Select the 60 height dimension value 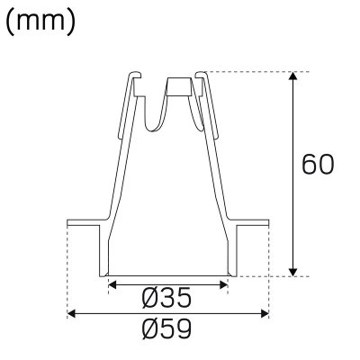[x=319, y=166]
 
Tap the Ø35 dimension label [x=167, y=296]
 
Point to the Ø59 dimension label [x=168, y=329]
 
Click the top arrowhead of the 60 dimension [x=293, y=76]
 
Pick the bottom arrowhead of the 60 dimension [x=293, y=271]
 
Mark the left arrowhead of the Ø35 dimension [x=111, y=283]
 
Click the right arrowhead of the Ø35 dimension [x=224, y=283]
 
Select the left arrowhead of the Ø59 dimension [x=72, y=313]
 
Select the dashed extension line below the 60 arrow [x=270, y=276]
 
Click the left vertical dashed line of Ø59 [x=67, y=270]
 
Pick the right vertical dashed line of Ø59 [x=269, y=270]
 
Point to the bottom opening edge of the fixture [x=167, y=274]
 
